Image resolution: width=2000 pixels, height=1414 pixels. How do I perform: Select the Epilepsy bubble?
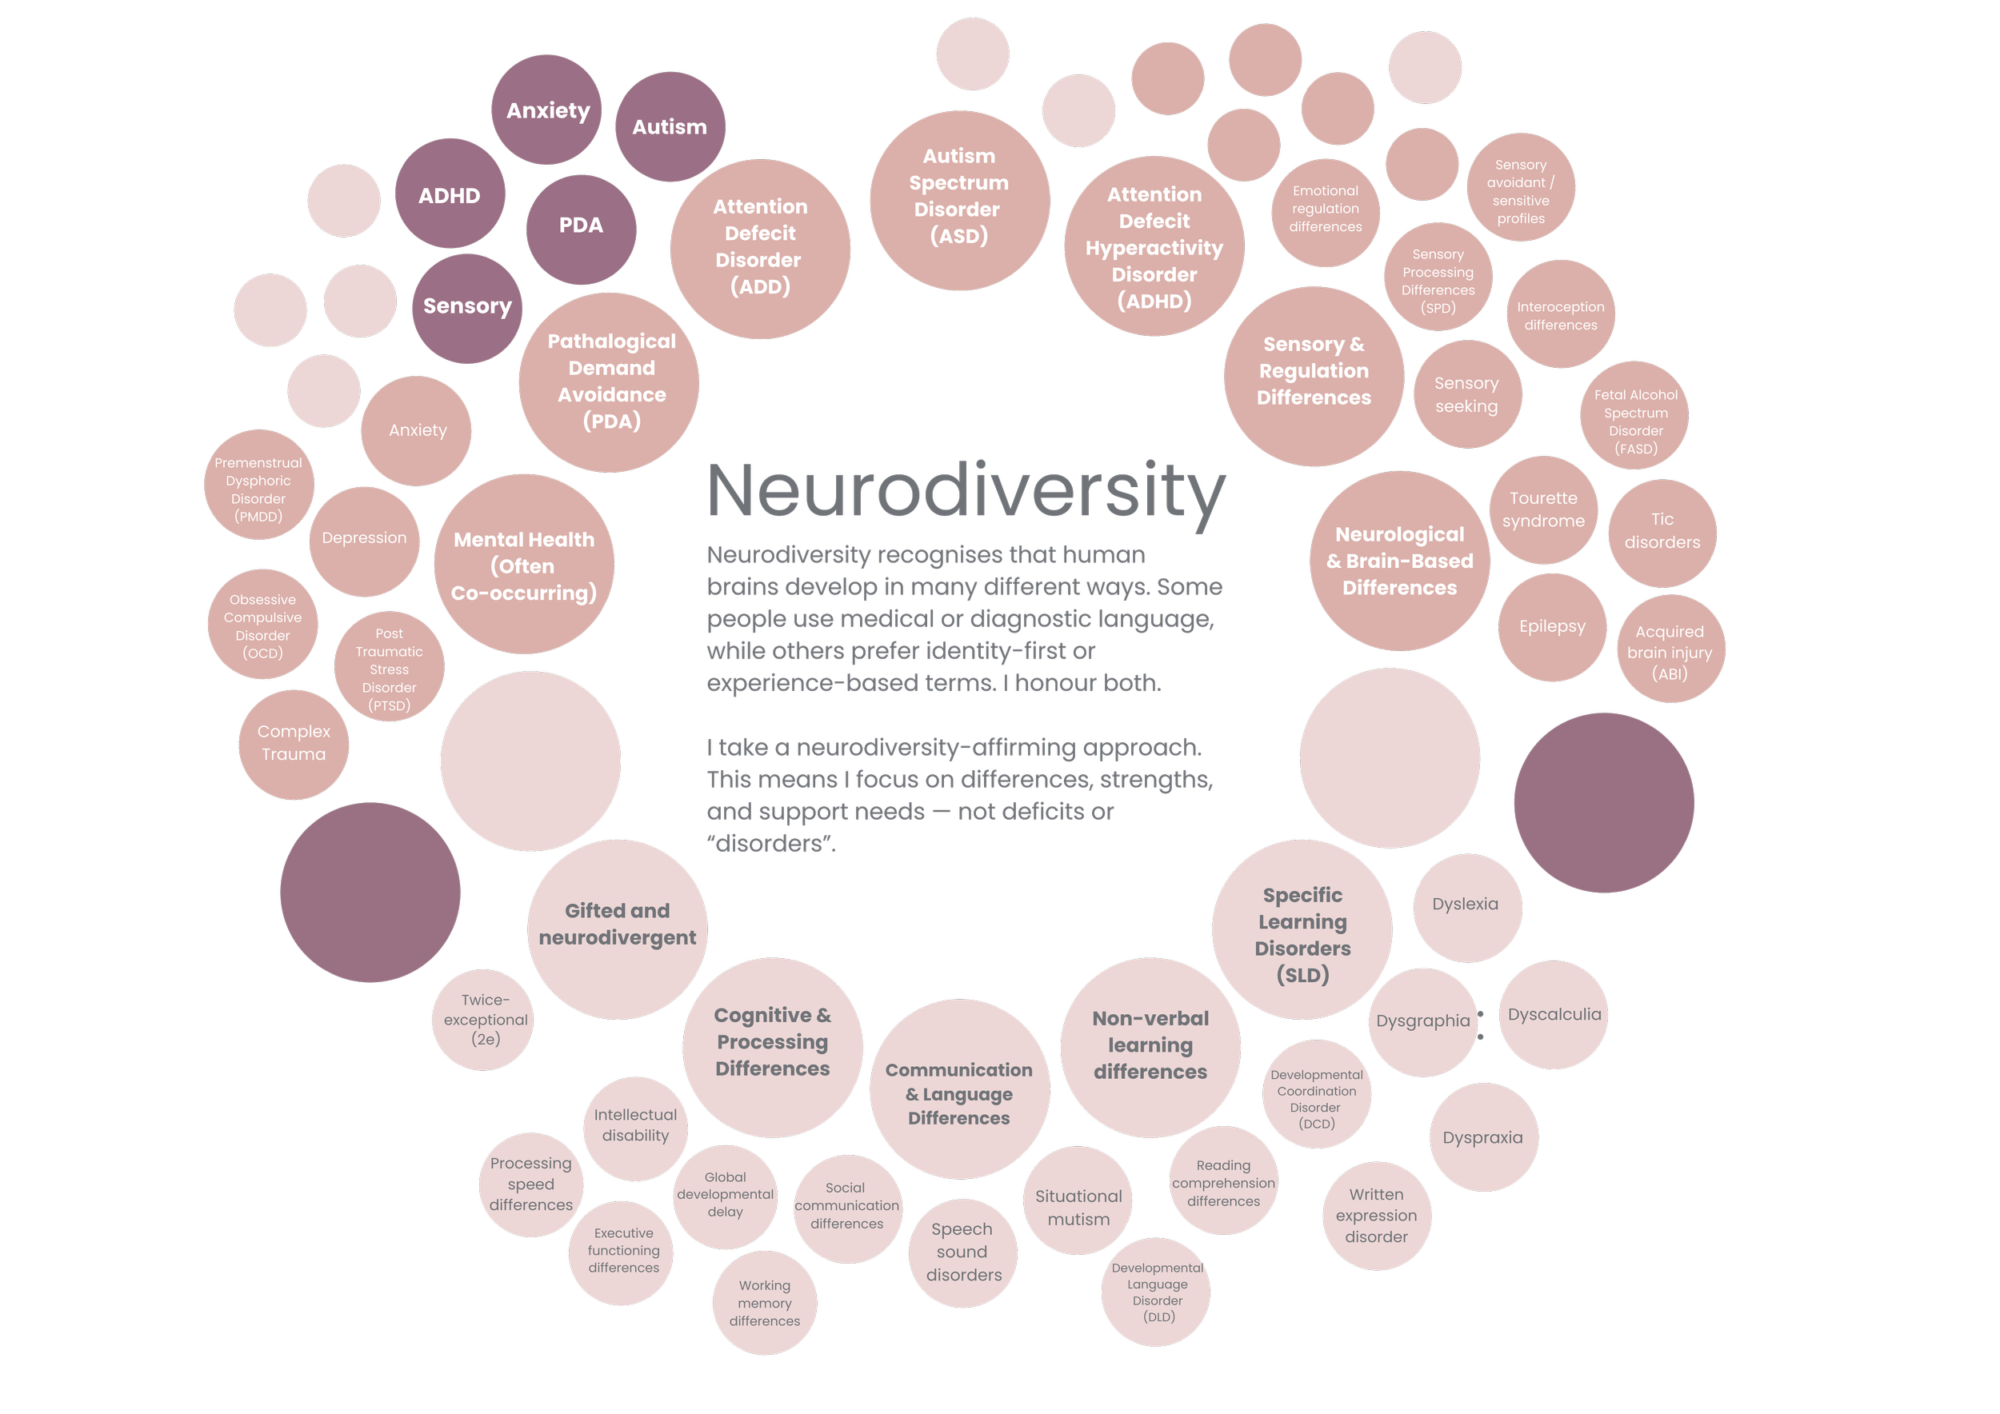pyautogui.click(x=1551, y=627)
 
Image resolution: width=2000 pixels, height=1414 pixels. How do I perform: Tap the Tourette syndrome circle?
pyautogui.click(x=1543, y=510)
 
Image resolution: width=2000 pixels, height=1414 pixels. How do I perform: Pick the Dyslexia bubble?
pyautogui.click(x=1467, y=906)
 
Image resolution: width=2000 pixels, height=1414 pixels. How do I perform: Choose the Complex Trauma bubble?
pyautogui.click(x=294, y=745)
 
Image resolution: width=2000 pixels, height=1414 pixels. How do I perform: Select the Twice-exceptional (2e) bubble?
pyautogui.click(x=484, y=1020)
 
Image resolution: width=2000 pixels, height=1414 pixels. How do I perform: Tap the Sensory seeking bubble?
pyautogui.click(x=1467, y=395)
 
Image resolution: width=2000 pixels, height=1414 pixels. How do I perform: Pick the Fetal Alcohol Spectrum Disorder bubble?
pyautogui.click(x=1635, y=416)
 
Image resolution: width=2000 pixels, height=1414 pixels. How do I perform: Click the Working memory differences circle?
pyautogui.click(x=764, y=1304)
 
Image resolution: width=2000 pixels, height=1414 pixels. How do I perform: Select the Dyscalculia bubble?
pyautogui.click(x=1554, y=1014)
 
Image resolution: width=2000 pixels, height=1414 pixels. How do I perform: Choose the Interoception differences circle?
pyautogui.click(x=1560, y=315)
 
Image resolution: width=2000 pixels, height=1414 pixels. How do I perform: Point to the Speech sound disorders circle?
pyautogui.click(x=962, y=1253)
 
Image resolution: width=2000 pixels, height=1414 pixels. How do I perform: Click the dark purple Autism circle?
pyautogui.click(x=670, y=127)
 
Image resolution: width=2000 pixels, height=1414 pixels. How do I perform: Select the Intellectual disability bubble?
pyautogui.click(x=636, y=1127)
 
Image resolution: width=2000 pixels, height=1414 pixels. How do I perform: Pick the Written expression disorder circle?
pyautogui.click(x=1376, y=1216)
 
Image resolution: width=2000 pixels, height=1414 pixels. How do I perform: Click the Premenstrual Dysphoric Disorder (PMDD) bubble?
pyautogui.click(x=258, y=485)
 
